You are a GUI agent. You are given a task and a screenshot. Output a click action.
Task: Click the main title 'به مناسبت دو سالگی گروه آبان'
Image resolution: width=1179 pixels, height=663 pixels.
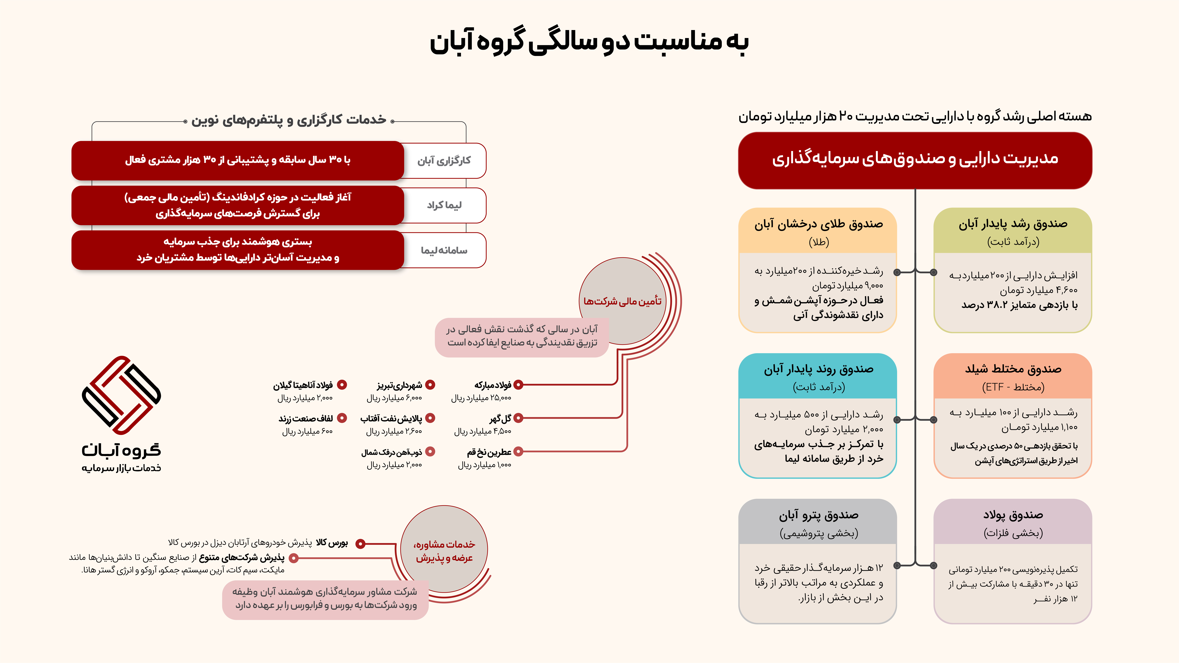click(x=589, y=42)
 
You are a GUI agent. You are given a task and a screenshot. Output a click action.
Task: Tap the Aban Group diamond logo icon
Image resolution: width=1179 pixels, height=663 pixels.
click(x=121, y=395)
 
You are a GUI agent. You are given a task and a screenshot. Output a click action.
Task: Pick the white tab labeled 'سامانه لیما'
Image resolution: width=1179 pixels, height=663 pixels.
click(x=444, y=250)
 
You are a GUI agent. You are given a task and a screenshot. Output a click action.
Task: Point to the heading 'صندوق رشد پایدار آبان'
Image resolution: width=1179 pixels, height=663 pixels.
click(x=1013, y=224)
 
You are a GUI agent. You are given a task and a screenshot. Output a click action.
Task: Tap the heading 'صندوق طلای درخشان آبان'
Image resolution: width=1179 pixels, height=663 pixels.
click(x=818, y=224)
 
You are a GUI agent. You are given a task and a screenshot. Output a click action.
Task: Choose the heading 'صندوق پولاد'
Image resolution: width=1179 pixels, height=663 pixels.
click(x=1013, y=515)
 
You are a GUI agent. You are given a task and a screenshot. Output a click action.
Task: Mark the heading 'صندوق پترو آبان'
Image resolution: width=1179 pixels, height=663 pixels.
click(x=818, y=515)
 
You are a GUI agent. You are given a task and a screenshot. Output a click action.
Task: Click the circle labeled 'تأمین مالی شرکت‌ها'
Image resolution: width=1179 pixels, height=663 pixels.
click(x=622, y=301)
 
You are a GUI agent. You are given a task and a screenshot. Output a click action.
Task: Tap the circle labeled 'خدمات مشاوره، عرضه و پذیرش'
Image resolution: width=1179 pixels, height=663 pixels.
click(x=444, y=550)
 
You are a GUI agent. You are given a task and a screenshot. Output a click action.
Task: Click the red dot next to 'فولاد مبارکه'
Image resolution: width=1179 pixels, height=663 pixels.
click(x=518, y=385)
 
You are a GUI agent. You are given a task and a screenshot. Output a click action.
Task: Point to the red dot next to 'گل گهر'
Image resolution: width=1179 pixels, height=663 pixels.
click(x=518, y=418)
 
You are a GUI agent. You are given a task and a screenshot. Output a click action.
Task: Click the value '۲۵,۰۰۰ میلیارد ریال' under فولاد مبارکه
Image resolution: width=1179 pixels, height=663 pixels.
click(x=481, y=398)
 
